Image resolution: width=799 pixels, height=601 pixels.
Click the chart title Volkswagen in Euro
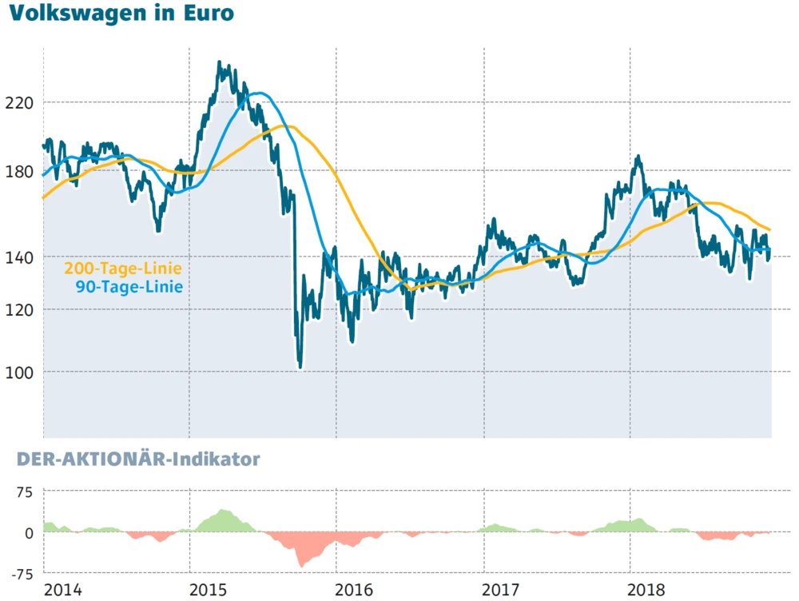(x=121, y=15)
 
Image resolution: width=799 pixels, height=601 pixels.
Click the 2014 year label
(x=63, y=590)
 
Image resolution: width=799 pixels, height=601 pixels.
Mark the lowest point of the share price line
(x=300, y=367)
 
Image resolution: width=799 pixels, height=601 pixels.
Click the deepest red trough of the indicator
(x=301, y=566)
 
